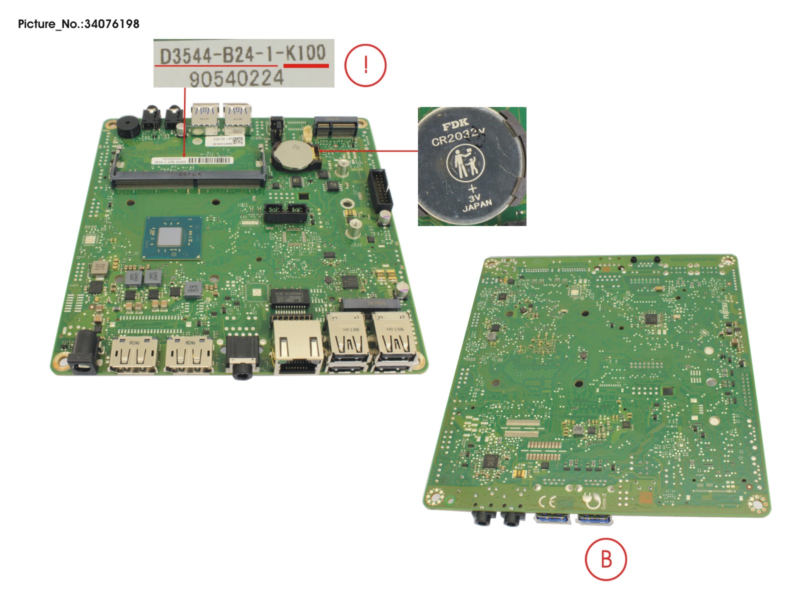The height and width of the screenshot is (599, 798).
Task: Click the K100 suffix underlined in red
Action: click(305, 53)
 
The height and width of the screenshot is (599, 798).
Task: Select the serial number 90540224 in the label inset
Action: click(236, 78)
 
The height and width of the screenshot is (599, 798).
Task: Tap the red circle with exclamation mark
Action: click(365, 65)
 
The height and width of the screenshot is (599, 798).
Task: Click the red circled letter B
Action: click(605, 559)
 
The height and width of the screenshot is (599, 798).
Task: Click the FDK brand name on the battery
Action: click(454, 123)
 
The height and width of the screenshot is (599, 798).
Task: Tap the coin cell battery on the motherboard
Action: click(293, 154)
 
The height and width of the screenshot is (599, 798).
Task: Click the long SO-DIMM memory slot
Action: click(188, 178)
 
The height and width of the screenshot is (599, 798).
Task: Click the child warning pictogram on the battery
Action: click(465, 162)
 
